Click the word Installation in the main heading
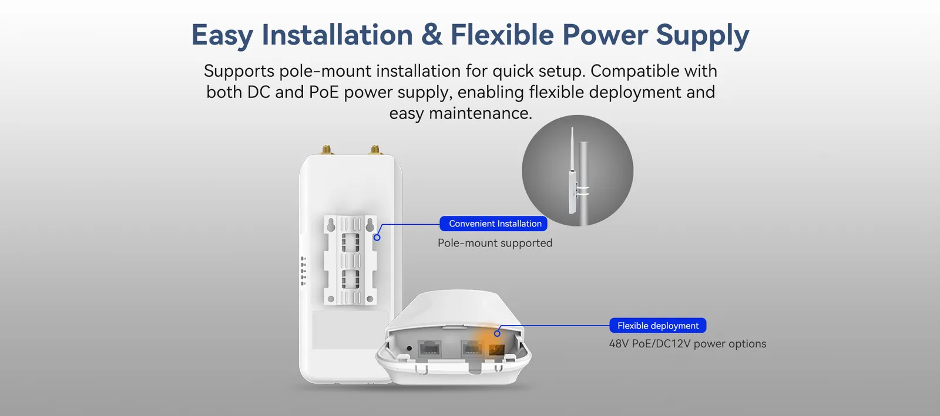(x=337, y=35)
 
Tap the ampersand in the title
(x=432, y=35)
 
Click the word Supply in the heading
(x=702, y=36)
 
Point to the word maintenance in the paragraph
(x=480, y=113)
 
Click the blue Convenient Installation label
(x=494, y=224)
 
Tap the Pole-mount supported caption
(x=495, y=243)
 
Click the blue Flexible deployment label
(x=657, y=326)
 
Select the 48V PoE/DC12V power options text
(x=687, y=344)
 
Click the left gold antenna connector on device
(x=325, y=150)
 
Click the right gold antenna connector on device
(x=375, y=150)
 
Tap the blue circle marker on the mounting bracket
(x=377, y=237)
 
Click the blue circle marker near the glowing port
(x=497, y=333)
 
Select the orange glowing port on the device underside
(x=496, y=350)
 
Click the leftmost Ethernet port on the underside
(x=429, y=349)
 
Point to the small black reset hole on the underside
(x=409, y=349)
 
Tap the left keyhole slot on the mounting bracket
(x=331, y=225)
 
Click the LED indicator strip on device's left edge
(x=303, y=271)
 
